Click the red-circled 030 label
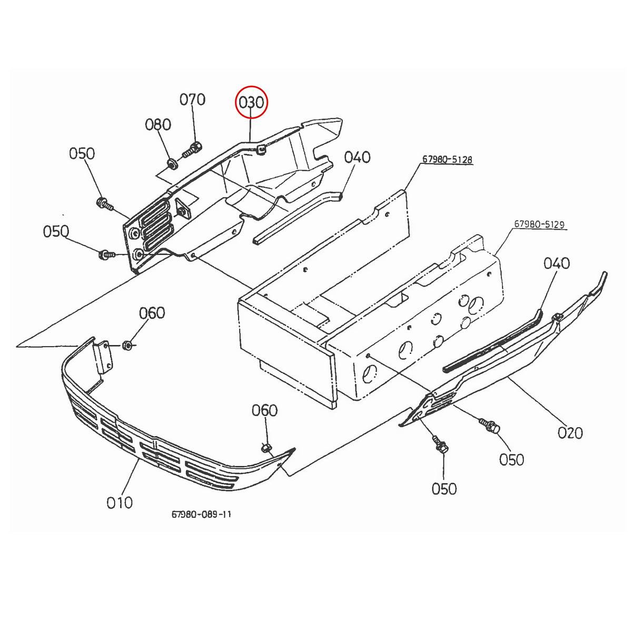[251, 102]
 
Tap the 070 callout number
[193, 100]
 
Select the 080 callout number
[159, 125]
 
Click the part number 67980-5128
[447, 160]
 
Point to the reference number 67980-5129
[539, 224]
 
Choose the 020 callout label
[570, 433]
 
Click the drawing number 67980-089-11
[201, 514]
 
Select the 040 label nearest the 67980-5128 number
[358, 157]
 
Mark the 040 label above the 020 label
[557, 263]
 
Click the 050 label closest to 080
[82, 154]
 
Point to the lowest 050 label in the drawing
[444, 489]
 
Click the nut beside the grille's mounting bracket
[126, 345]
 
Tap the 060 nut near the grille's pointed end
[266, 448]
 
